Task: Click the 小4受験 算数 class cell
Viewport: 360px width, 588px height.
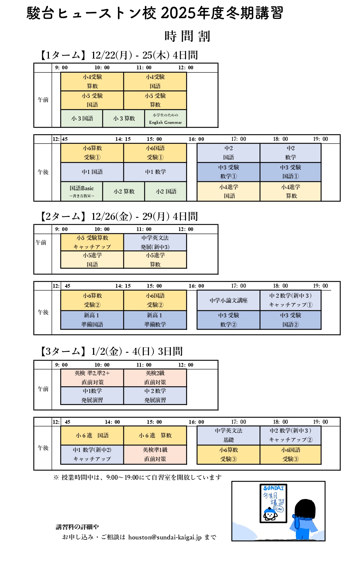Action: click(x=92, y=82)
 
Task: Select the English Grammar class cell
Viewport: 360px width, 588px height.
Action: click(x=165, y=119)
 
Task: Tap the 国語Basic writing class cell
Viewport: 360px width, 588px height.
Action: click(x=82, y=191)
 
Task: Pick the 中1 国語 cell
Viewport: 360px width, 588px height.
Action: click(x=92, y=172)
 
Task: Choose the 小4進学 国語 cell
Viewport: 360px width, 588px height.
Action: click(x=228, y=191)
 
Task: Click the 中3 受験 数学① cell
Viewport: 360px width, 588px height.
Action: click(x=228, y=172)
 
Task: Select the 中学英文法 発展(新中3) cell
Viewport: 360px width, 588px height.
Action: click(x=155, y=242)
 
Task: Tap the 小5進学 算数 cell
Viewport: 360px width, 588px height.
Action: click(x=155, y=260)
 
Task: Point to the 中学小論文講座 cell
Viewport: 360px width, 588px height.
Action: click(x=228, y=300)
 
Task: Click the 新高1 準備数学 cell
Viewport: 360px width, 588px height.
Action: click(x=155, y=320)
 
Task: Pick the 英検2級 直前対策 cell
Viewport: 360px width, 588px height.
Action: click(x=155, y=377)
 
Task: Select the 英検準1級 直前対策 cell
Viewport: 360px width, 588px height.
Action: click(x=155, y=454)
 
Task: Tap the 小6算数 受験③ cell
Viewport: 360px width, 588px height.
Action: click(x=228, y=454)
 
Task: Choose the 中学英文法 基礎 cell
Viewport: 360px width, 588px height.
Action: click(x=228, y=435)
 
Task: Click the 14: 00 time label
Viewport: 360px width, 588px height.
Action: click(x=112, y=422)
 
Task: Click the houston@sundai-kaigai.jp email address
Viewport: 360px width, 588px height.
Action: click(x=165, y=537)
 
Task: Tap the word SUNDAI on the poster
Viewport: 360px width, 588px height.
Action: click(x=274, y=488)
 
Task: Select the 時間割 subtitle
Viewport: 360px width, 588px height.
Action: click(x=187, y=36)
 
